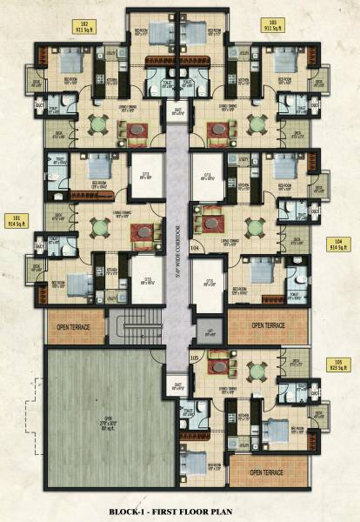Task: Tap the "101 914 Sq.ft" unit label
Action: [16, 221]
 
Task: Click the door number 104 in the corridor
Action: [195, 248]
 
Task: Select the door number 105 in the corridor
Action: [195, 356]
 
